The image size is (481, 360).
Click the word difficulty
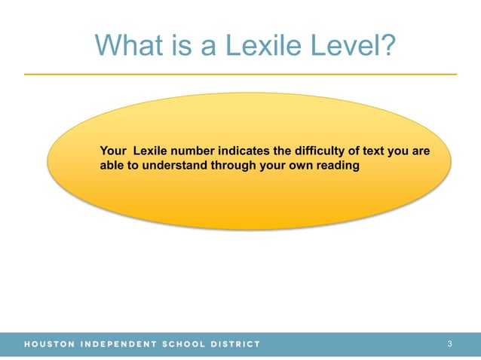click(318, 151)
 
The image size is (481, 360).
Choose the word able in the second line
click(112, 165)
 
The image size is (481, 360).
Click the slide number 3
click(449, 344)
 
